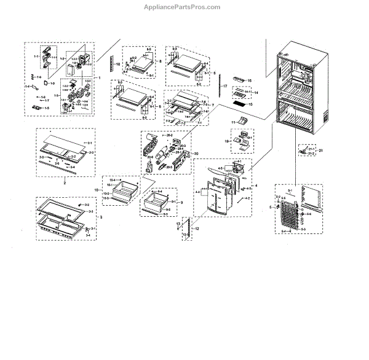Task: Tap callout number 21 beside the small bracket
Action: (x=320, y=150)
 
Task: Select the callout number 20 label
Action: (x=196, y=153)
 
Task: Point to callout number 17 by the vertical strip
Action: (x=225, y=86)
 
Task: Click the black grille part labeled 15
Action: (x=238, y=104)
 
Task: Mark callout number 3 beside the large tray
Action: (x=101, y=218)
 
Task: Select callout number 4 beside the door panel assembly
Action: (x=256, y=185)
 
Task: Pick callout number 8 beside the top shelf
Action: (x=160, y=62)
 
